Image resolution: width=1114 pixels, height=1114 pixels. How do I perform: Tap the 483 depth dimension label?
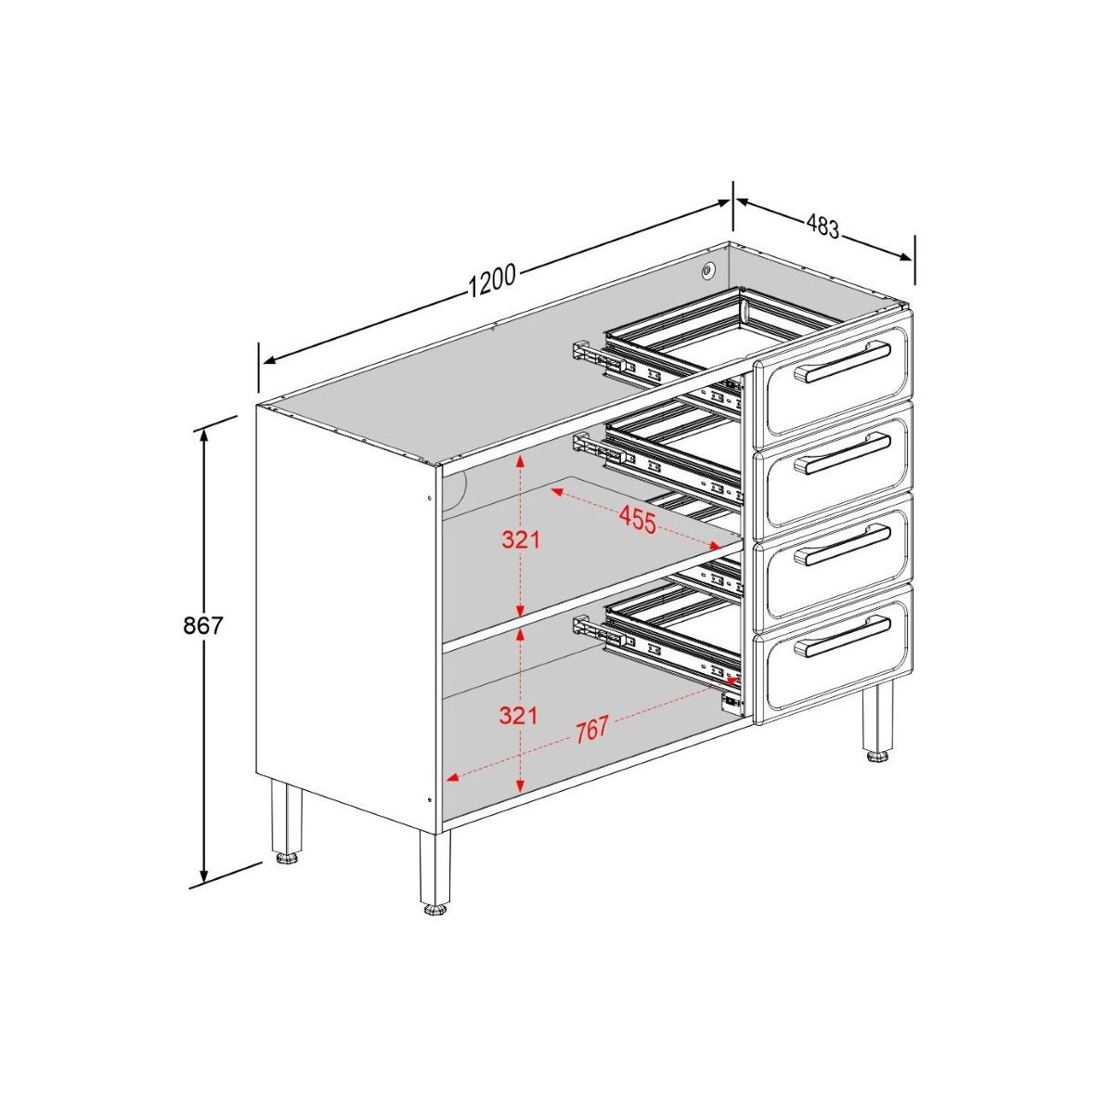pyautogui.click(x=823, y=226)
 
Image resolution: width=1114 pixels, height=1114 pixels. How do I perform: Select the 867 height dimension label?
pyautogui.click(x=202, y=626)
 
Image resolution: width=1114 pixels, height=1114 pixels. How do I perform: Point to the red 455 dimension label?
pyautogui.click(x=638, y=520)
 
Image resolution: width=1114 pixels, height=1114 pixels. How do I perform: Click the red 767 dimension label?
pyautogui.click(x=590, y=730)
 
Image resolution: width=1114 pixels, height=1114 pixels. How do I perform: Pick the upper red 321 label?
pyautogui.click(x=521, y=538)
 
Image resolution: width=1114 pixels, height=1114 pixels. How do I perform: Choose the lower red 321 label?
pyautogui.click(x=518, y=715)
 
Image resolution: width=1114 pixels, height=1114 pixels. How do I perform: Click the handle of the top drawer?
pyautogui.click(x=843, y=361)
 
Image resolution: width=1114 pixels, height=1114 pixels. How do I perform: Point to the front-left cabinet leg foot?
pyautogui.click(x=434, y=910)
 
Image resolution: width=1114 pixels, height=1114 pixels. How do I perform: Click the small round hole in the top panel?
pyautogui.click(x=708, y=271)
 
